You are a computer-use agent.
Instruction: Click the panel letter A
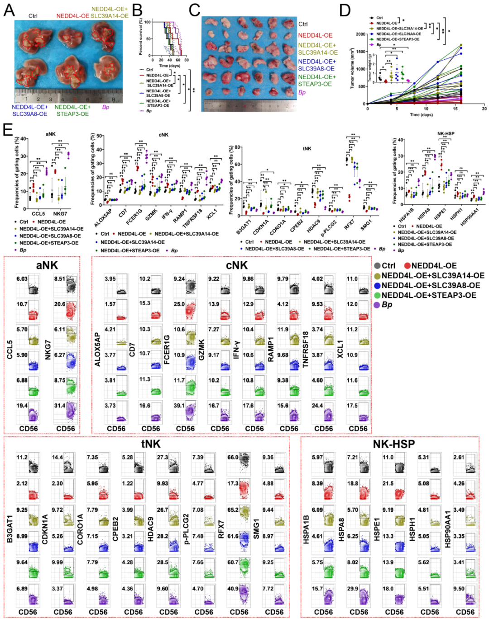click(x=9, y=9)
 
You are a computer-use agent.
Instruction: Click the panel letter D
click(x=345, y=9)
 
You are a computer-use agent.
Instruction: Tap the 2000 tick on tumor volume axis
click(x=360, y=34)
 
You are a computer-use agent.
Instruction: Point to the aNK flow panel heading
click(x=47, y=265)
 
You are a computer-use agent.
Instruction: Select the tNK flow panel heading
click(x=151, y=444)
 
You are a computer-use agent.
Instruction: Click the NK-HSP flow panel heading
click(x=393, y=444)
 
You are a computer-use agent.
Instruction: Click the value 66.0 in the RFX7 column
click(x=233, y=458)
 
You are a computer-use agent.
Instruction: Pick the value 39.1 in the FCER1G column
click(x=179, y=406)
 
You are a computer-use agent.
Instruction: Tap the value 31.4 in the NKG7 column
click(x=60, y=406)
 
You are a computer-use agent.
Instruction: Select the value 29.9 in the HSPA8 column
click(x=353, y=589)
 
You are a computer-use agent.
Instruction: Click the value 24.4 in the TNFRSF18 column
click(x=317, y=406)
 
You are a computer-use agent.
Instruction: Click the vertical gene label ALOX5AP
click(x=97, y=349)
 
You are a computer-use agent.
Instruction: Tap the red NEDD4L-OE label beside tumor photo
click(x=315, y=35)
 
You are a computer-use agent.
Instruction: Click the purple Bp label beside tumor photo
click(x=302, y=92)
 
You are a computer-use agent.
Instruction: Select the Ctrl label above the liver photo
click(x=33, y=16)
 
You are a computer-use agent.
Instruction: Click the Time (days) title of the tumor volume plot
click(x=421, y=115)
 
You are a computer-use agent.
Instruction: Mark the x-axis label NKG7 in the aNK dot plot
click(x=60, y=213)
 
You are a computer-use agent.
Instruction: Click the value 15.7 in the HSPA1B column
click(x=317, y=589)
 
